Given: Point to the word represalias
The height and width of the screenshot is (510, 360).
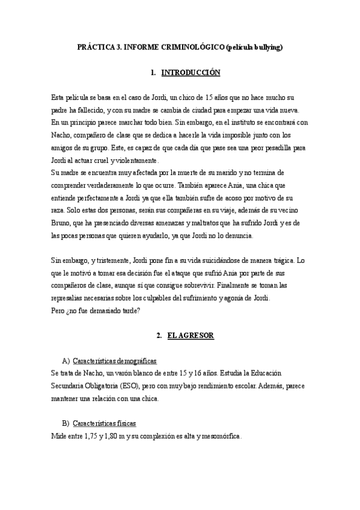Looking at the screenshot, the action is [71, 300].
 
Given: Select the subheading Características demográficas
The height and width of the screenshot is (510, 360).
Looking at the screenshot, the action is [114, 361].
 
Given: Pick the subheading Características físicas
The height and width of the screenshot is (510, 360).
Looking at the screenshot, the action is [104, 424].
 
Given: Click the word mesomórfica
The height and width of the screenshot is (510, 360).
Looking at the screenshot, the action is [221, 437].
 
